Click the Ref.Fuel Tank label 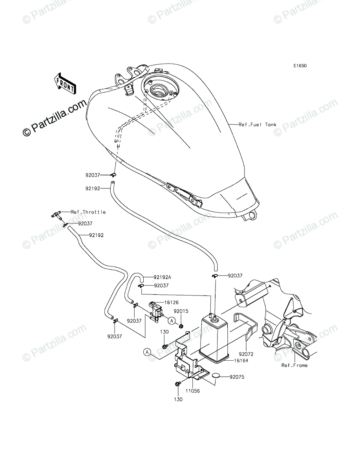pos(258,125)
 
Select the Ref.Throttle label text pos(88,212)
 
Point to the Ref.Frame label pos(294,365)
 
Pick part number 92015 pos(181,311)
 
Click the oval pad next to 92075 pos(216,376)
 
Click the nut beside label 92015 pos(181,325)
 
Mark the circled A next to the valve pos(172,321)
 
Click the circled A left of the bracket pos(147,352)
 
